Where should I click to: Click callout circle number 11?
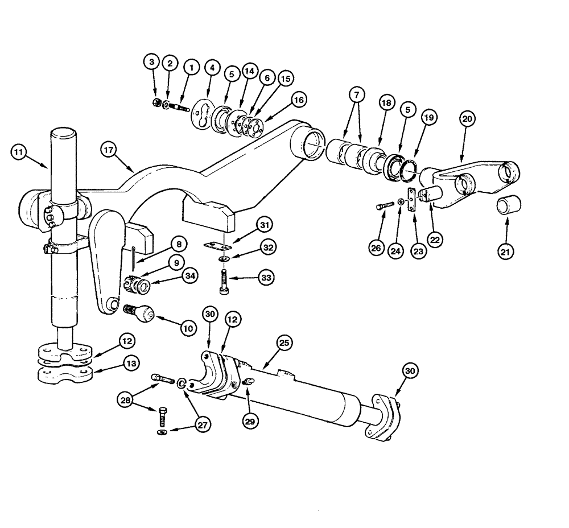19,152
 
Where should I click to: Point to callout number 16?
299,100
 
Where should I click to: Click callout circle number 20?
467,119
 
